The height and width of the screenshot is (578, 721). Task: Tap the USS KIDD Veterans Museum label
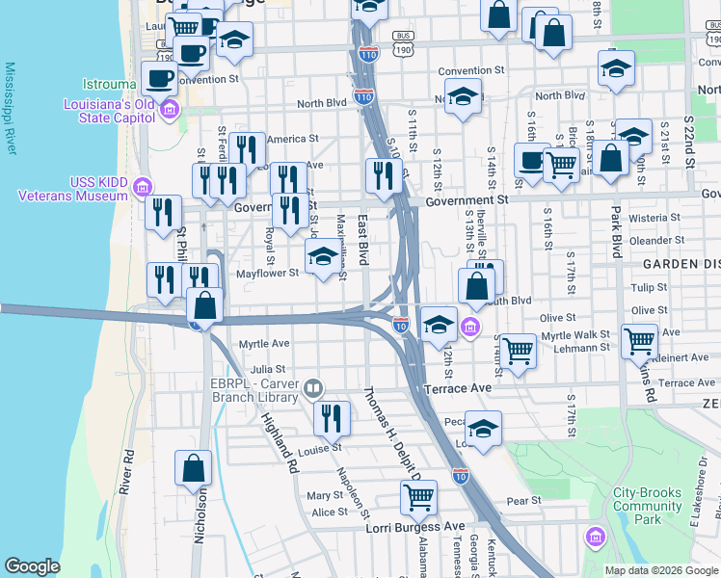(85, 189)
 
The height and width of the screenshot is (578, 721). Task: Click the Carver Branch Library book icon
(312, 389)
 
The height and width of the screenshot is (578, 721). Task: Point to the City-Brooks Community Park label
(647, 506)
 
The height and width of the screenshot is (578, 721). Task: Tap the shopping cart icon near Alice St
(419, 496)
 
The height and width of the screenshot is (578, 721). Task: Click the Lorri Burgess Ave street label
(414, 527)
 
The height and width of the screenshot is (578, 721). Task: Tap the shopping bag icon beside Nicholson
(193, 468)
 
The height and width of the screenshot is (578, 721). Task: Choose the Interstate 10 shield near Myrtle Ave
(401, 327)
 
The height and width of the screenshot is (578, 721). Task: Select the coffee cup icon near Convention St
(158, 77)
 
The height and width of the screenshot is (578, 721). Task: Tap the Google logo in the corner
(32, 566)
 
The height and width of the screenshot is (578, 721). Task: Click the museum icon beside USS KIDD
(143, 185)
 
